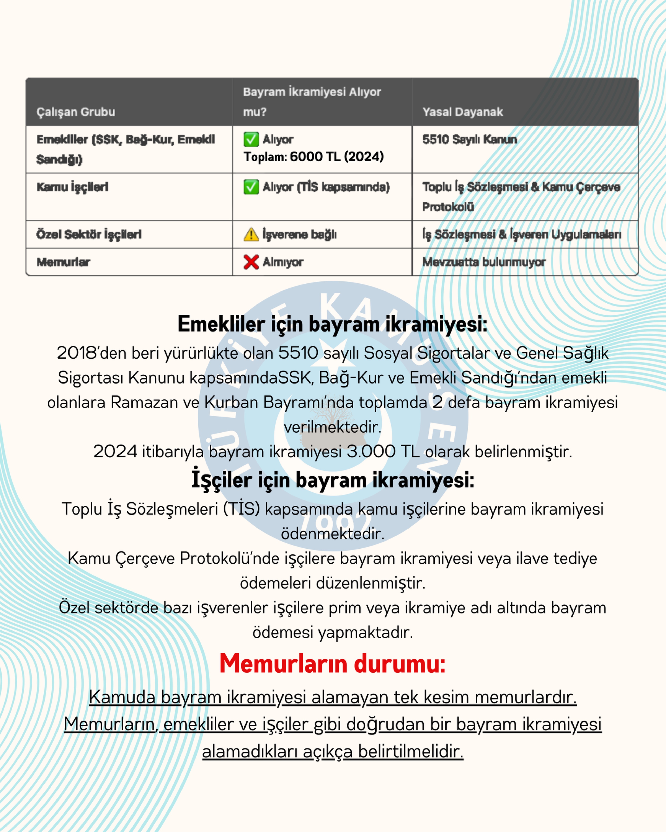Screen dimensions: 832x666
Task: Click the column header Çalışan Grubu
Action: pos(76,112)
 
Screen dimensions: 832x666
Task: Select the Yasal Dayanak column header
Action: pos(463,112)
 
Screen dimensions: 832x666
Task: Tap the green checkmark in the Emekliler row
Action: pos(251,139)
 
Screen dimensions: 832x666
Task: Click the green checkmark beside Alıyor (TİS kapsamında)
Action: pos(251,187)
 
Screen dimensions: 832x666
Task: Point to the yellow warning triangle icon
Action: pos(251,234)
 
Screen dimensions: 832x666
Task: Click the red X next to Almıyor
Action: pos(251,262)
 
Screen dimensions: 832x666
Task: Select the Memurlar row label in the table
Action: pos(63,262)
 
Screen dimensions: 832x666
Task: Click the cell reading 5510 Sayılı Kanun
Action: pos(469,139)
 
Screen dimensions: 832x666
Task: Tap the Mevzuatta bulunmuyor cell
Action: pos(484,262)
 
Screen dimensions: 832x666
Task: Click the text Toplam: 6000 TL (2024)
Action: pos(314,157)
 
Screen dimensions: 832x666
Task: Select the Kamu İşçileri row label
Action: pos(72,187)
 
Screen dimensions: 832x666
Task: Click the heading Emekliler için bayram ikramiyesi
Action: pos(332,324)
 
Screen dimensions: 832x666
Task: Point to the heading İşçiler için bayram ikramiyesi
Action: pos(332,480)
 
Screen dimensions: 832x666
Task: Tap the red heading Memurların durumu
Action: pos(332,663)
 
